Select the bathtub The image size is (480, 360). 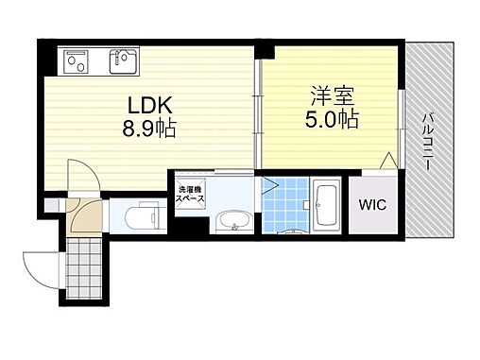329,205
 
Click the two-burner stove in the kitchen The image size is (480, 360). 77,62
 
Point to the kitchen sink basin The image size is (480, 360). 122,62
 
